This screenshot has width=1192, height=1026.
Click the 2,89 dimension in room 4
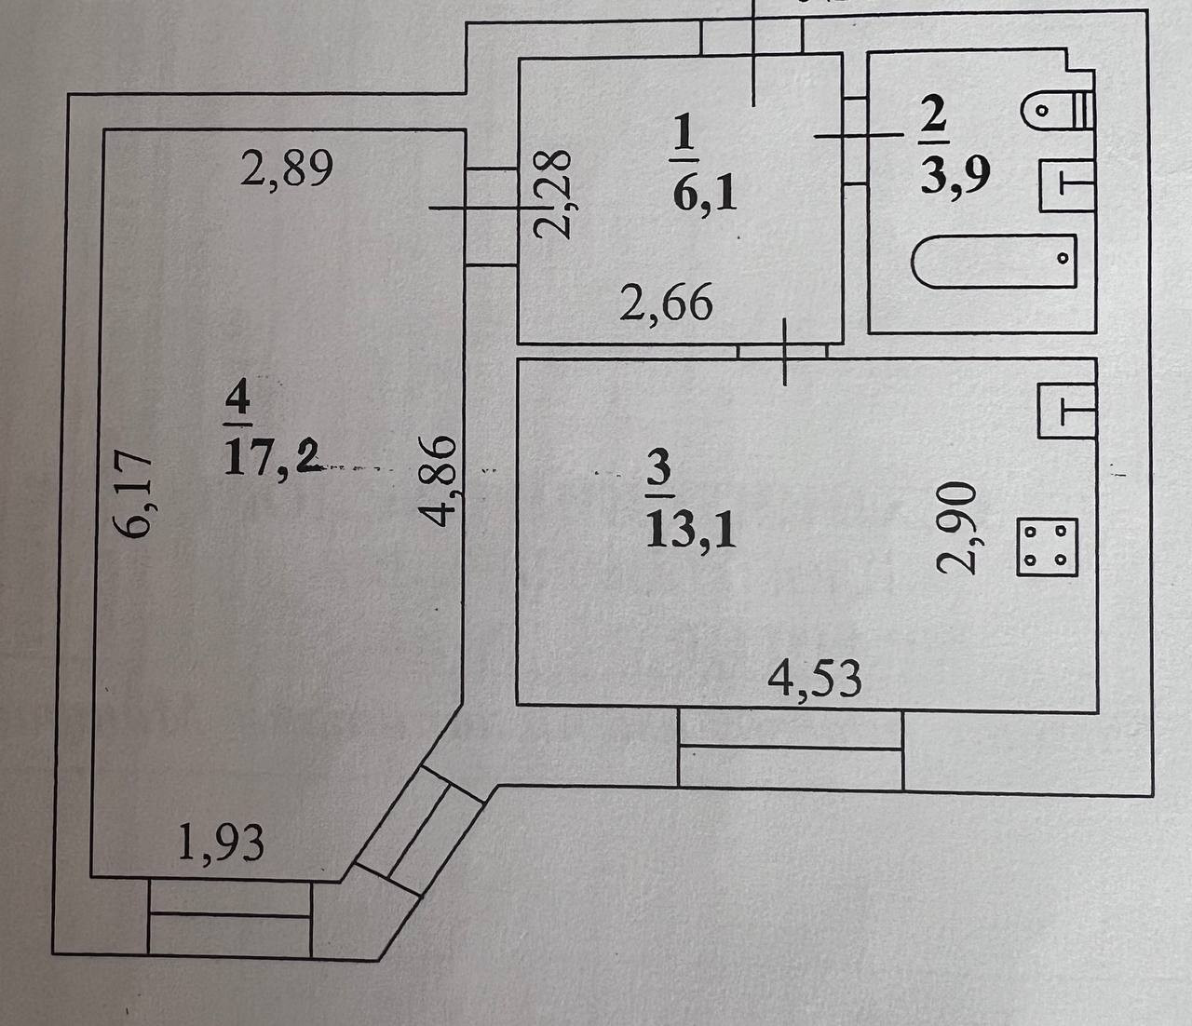(x=286, y=170)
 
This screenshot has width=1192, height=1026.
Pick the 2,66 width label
(x=666, y=304)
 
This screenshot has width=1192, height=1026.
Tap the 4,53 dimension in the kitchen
(x=814, y=680)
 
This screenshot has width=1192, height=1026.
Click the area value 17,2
(x=271, y=457)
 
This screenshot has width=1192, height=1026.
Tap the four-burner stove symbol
(x=1047, y=547)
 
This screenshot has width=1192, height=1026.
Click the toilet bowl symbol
(x=1049, y=113)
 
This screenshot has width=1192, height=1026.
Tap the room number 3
(x=657, y=468)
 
